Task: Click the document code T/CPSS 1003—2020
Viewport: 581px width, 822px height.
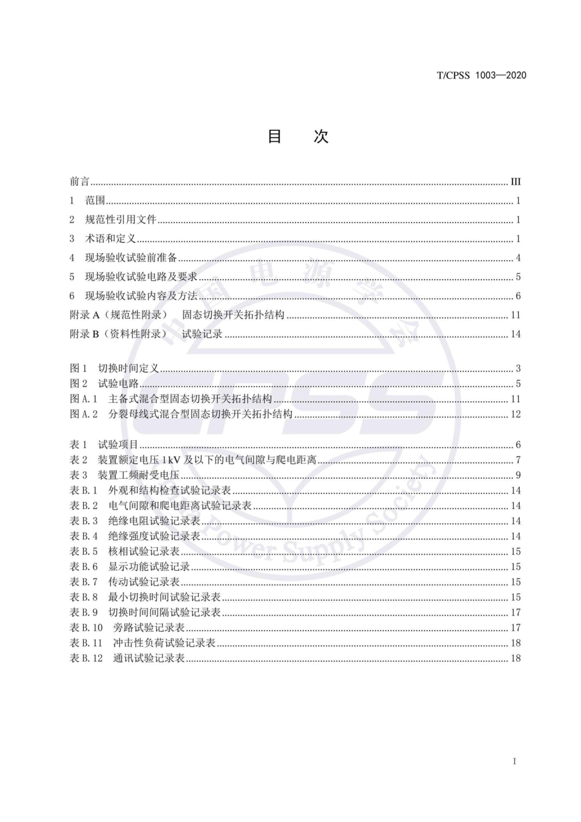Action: pos(481,75)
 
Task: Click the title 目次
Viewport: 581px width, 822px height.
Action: pos(298,136)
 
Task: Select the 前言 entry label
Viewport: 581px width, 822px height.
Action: pos(80,182)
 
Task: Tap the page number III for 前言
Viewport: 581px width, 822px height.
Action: pos(516,182)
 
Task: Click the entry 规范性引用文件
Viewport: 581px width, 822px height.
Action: pos(120,220)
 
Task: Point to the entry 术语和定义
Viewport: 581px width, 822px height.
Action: pos(110,239)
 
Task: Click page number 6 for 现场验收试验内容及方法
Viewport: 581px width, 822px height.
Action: pos(518,296)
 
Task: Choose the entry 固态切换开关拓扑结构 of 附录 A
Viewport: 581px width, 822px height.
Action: pos(233,315)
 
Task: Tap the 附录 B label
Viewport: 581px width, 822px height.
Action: pos(84,334)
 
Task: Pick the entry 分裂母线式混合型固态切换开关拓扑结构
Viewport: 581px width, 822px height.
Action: pos(200,414)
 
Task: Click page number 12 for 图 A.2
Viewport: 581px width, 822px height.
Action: pos(516,414)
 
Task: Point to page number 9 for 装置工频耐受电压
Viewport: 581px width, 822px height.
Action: pos(518,475)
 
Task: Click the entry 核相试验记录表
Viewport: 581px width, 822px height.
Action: pos(144,551)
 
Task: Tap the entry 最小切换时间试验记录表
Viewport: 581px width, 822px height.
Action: pos(165,597)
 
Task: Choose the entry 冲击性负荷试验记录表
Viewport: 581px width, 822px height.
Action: pos(165,643)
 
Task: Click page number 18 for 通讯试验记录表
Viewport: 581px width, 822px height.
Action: pos(516,658)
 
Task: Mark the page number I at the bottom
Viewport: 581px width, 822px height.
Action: pos(515,761)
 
